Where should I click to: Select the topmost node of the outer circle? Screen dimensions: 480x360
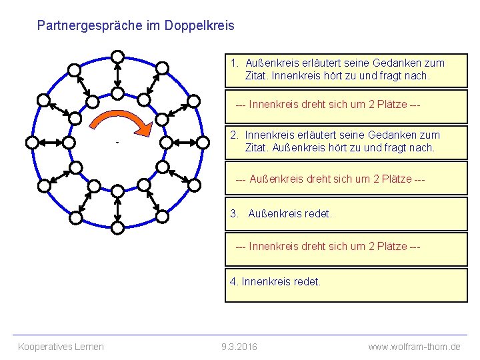click(117, 56)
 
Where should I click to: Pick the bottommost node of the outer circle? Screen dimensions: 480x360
click(117, 228)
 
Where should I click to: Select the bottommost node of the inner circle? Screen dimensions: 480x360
click(117, 191)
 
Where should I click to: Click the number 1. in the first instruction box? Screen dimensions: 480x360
click(235, 63)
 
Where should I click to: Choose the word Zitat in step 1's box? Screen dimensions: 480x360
click(257, 76)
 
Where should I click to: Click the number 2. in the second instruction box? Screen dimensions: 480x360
click(235, 135)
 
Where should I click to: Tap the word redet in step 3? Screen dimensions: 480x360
click(318, 214)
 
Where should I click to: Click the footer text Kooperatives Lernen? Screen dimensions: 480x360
click(61, 347)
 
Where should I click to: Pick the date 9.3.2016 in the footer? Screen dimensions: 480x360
click(239, 347)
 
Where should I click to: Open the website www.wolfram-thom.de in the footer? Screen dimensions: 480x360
click(414, 347)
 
